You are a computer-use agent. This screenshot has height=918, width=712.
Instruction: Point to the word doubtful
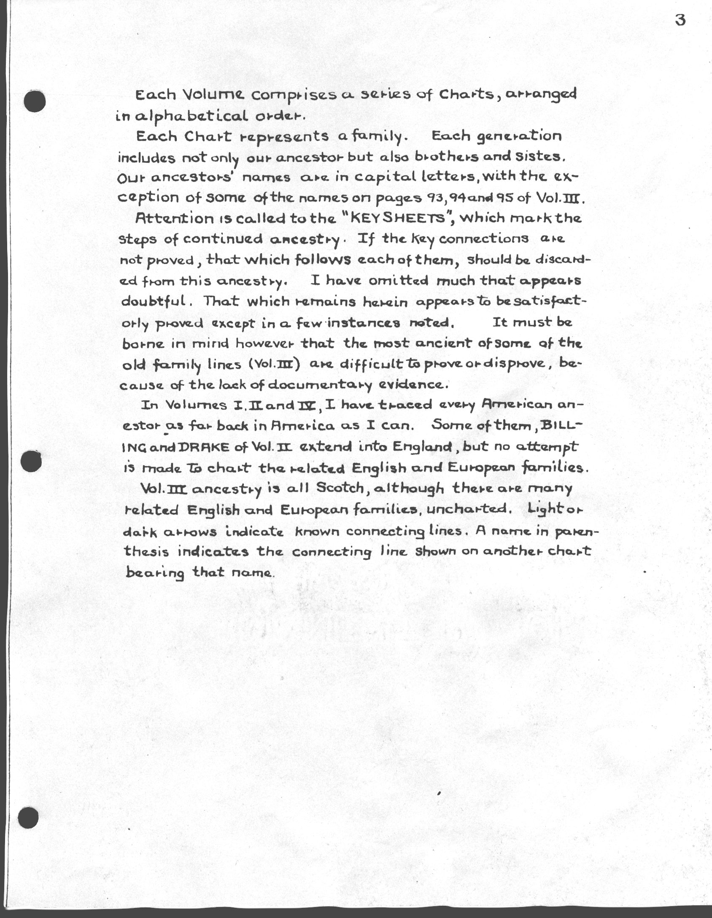coord(154,302)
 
